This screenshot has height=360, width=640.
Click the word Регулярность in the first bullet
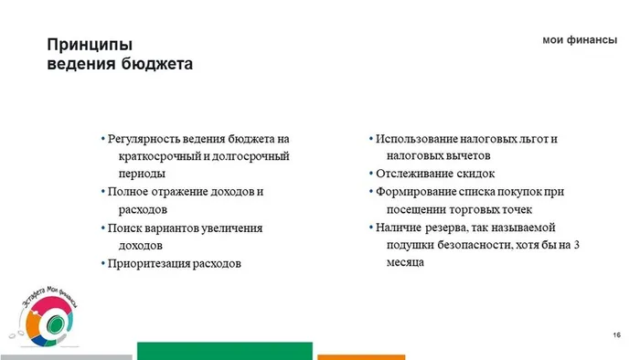pyautogui.click(x=145, y=139)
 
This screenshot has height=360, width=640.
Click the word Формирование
pyautogui.click(x=415, y=192)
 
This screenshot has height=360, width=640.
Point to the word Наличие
pyautogui.click(x=398, y=228)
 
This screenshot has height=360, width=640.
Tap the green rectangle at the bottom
pyautogui.click(x=224, y=351)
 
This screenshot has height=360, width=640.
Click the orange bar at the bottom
pyautogui.click(x=360, y=356)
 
